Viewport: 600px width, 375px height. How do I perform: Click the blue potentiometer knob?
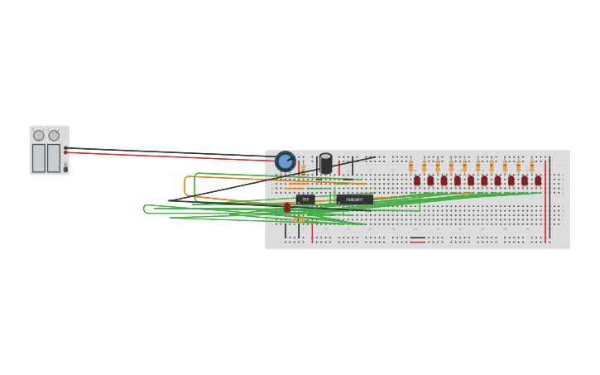(x=285, y=161)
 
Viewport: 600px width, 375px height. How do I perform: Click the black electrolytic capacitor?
(x=326, y=163)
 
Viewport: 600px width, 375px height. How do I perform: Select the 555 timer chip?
(x=305, y=200)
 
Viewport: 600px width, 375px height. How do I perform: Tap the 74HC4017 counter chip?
(x=355, y=200)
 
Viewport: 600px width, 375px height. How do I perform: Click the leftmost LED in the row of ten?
(x=417, y=180)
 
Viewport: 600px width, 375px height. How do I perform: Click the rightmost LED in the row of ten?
(x=538, y=180)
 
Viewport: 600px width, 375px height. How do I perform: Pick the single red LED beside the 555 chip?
(x=287, y=208)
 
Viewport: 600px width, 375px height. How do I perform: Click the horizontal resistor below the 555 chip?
(x=300, y=219)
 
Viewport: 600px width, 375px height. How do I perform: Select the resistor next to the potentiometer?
(x=304, y=169)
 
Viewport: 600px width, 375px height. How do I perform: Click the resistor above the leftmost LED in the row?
(x=410, y=166)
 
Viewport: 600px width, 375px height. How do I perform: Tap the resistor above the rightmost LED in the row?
(x=532, y=166)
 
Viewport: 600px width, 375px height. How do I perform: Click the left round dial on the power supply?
(x=39, y=136)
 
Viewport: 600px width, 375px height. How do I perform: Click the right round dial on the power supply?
(x=54, y=136)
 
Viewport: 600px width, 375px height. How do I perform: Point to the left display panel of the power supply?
(x=39, y=157)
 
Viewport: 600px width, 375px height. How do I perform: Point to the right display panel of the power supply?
(x=54, y=157)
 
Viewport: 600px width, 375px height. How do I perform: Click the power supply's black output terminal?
(x=66, y=148)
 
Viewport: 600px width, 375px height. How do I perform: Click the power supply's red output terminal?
(x=66, y=153)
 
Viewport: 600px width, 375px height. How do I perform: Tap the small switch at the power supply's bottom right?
(x=65, y=169)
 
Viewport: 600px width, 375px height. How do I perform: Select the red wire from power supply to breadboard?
(x=166, y=156)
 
